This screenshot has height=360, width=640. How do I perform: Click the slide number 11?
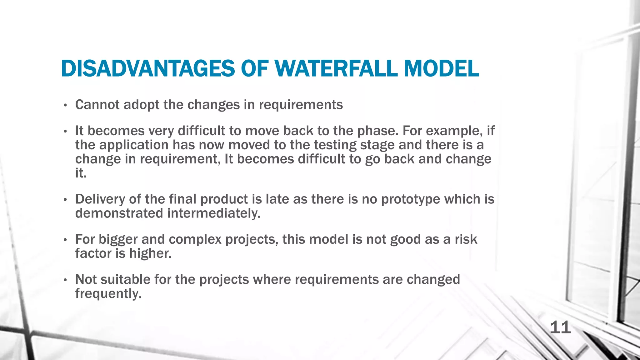(x=560, y=327)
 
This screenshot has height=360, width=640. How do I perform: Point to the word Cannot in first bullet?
(x=97, y=105)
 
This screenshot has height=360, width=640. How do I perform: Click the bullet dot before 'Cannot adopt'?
(x=65, y=105)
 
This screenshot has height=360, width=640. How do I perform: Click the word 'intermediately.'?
(x=214, y=213)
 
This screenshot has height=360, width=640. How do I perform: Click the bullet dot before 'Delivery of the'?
(x=65, y=200)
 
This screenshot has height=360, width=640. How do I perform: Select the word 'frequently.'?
(x=108, y=294)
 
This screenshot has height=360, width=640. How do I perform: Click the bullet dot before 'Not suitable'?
(x=65, y=280)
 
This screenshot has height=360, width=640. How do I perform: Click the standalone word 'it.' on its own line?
(x=81, y=173)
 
